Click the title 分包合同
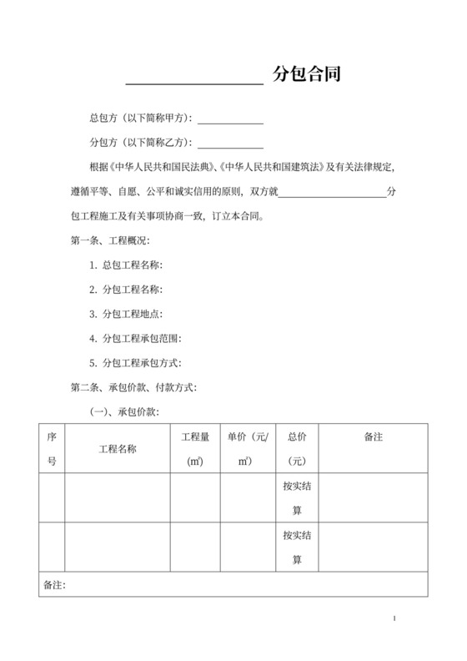pyautogui.click(x=306, y=75)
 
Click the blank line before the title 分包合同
pyautogui.click(x=194, y=82)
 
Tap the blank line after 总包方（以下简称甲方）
pyautogui.click(x=230, y=122)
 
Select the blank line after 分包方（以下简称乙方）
pyautogui.click(x=230, y=145)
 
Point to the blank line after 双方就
pyautogui.click(x=331, y=195)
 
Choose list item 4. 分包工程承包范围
pyautogui.click(x=135, y=338)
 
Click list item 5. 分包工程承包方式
pyautogui.click(x=135, y=363)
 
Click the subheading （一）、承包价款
pyautogui.click(x=125, y=411)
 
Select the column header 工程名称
pyautogui.click(x=118, y=448)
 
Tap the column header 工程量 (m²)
pyautogui.click(x=194, y=448)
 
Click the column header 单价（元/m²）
pyautogui.click(x=248, y=448)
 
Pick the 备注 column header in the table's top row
pyautogui.click(x=373, y=436)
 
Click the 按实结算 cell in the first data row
pyautogui.click(x=297, y=498)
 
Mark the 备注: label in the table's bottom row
pyautogui.click(x=53, y=584)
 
